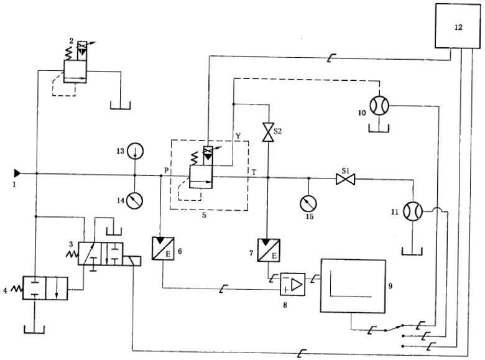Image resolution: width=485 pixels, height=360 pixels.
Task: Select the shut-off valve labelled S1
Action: [x=344, y=179]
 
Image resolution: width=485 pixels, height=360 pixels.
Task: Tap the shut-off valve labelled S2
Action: [x=268, y=132]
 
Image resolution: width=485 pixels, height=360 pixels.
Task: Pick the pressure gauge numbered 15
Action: [x=306, y=203]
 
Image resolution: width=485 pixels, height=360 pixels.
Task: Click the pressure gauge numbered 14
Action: [x=135, y=200]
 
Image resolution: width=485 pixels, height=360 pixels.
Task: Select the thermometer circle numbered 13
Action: [x=135, y=150]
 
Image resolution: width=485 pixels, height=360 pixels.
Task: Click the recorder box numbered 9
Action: [x=353, y=285]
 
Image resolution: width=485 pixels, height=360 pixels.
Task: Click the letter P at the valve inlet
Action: [x=166, y=169]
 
